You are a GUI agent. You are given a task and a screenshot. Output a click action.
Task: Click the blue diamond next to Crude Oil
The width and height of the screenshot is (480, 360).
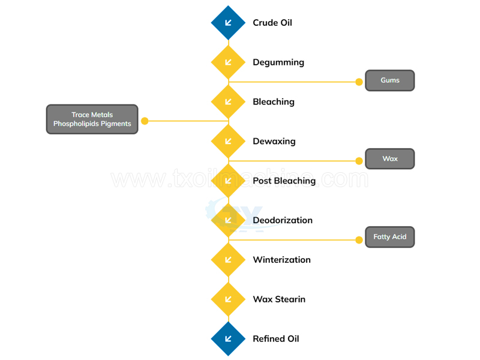pyautogui.click(x=228, y=23)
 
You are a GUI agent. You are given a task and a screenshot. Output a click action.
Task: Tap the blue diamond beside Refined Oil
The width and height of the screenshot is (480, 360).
pyautogui.click(x=228, y=339)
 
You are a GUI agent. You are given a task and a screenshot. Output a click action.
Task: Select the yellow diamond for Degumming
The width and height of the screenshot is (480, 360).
pyautogui.click(x=228, y=62)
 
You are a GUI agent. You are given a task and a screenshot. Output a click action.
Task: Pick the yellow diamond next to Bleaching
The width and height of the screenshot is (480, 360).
pyautogui.click(x=228, y=102)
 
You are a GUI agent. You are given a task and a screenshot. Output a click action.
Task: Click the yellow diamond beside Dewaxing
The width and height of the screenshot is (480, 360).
pyautogui.click(x=228, y=142)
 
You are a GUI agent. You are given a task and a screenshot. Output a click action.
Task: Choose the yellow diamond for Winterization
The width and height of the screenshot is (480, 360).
pyautogui.click(x=228, y=260)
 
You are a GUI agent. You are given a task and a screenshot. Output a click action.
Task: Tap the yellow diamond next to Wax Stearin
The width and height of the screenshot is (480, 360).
pyautogui.click(x=228, y=299)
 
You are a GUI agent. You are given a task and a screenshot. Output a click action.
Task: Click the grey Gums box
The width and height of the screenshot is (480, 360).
pyautogui.click(x=389, y=80)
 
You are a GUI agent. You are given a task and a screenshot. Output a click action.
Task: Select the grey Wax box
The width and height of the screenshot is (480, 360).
pyautogui.click(x=389, y=159)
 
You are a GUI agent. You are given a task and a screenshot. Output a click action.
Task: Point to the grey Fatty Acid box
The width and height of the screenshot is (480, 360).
pyautogui.click(x=389, y=237)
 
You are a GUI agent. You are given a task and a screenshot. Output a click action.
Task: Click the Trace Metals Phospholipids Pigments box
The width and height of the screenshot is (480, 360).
pyautogui.click(x=92, y=119)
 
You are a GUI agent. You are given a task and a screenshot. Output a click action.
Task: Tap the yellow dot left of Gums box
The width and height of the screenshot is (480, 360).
pyautogui.click(x=359, y=82)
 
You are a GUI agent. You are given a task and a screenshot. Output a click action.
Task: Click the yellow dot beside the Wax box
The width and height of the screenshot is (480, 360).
pyautogui.click(x=359, y=160)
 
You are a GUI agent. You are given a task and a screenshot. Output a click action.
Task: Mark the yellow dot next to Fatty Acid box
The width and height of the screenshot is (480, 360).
pyautogui.click(x=359, y=240)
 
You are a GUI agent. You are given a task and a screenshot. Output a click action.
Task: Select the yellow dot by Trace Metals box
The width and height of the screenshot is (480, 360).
pyautogui.click(x=145, y=121)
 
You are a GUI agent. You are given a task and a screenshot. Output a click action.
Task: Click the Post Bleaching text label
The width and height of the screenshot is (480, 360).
pyautogui.click(x=284, y=181)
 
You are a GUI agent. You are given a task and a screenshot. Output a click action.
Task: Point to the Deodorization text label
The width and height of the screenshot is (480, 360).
pyautogui.click(x=283, y=220)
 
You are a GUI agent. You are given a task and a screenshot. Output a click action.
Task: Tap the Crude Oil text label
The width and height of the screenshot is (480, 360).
pyautogui.click(x=272, y=23)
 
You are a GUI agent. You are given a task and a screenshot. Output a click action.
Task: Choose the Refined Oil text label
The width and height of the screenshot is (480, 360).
pyautogui.click(x=276, y=339)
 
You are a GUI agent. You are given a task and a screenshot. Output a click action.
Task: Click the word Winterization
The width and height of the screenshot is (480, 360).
pyautogui.click(x=281, y=260)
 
